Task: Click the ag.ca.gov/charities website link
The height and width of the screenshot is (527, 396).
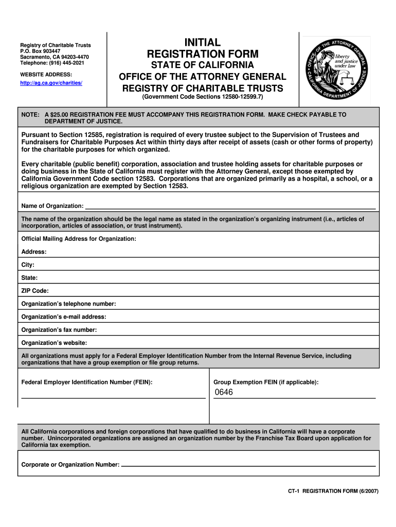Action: click(51, 83)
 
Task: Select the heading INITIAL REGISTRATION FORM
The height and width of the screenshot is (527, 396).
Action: click(203, 48)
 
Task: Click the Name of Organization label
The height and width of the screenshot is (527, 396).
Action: click(52, 206)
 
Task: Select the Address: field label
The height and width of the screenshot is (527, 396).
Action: click(34, 252)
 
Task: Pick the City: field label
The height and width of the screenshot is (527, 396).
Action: click(28, 265)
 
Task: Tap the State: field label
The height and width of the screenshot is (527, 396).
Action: click(29, 277)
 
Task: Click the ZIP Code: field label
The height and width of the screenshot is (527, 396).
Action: click(35, 290)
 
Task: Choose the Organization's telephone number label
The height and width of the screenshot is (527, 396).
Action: click(68, 304)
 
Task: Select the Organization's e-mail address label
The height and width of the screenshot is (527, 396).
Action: click(64, 317)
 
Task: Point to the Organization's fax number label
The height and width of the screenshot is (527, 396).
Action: click(59, 329)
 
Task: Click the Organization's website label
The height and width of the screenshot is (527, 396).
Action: click(54, 342)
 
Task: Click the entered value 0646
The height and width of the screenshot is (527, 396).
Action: click(224, 392)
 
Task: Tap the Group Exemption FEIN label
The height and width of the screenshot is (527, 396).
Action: click(266, 382)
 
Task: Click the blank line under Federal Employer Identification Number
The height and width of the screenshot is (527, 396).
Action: click(113, 397)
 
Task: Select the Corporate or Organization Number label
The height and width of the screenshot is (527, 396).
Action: click(70, 465)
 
